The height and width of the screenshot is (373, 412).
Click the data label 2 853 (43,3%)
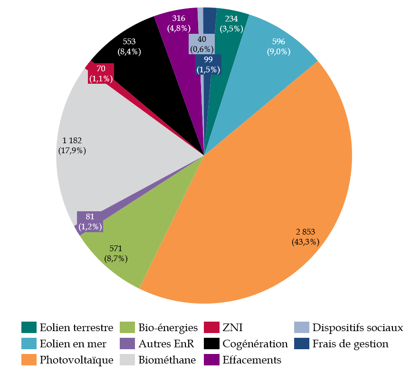[x=306, y=236]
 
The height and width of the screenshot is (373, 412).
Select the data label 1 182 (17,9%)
[x=72, y=145]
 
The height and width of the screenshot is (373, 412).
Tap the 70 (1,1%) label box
[x=101, y=74]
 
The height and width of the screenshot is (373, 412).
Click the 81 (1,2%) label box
[x=90, y=222]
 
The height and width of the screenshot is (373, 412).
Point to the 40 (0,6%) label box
[x=201, y=44]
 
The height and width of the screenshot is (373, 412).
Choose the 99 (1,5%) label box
[x=208, y=64]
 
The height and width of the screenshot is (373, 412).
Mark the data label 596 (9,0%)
[x=278, y=47]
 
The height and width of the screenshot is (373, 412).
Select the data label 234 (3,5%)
[x=231, y=23]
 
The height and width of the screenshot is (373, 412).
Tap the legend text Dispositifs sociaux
[x=357, y=327]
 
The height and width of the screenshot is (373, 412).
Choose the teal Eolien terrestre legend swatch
[x=29, y=327]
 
